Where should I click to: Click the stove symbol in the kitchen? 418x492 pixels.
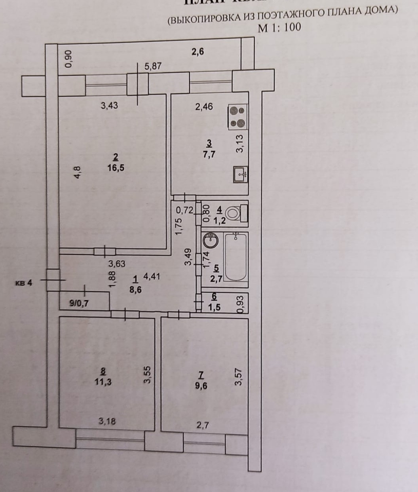point(237,117)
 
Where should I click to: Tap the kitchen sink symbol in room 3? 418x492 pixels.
point(240,175)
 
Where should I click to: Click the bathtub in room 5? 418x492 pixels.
point(236,257)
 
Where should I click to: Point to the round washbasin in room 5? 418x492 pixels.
point(210,240)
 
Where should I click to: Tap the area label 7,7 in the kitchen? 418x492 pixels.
point(209,154)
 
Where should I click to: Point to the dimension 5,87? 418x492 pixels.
point(153,66)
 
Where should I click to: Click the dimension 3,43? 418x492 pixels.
point(109,105)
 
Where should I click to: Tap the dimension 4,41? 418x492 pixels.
point(152,277)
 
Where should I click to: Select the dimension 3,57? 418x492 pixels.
point(238,377)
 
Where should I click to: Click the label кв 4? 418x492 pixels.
point(23,283)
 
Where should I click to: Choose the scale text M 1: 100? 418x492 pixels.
point(279,28)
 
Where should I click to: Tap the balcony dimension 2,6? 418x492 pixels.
point(198,51)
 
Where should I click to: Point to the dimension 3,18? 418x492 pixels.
point(107,421)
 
